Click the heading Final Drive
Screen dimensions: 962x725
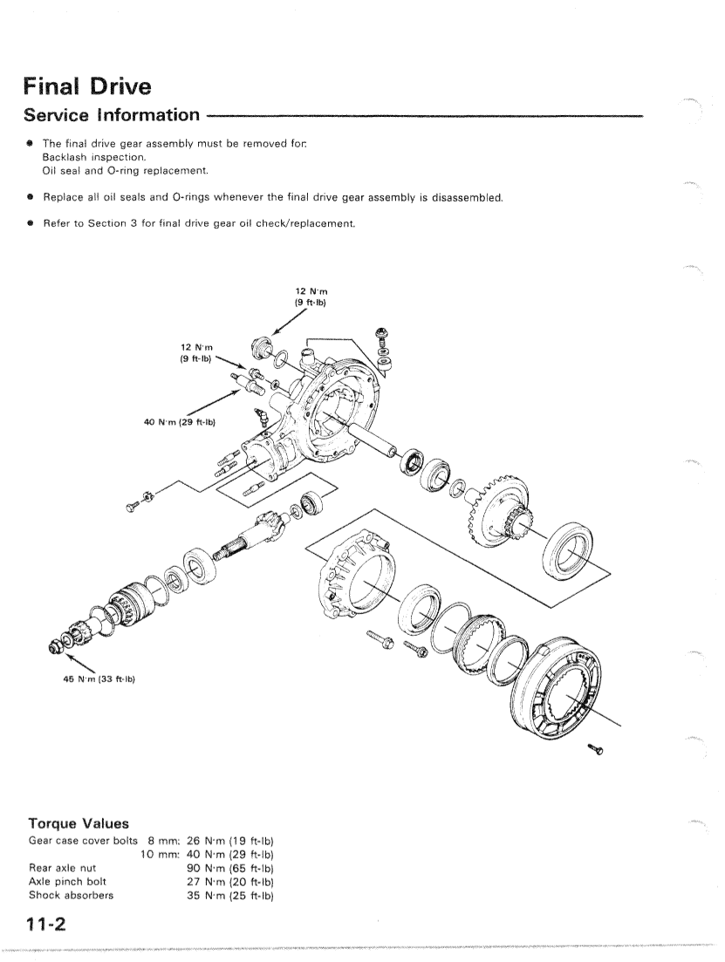86,86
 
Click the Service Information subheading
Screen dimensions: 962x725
112,115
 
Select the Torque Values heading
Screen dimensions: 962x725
79,822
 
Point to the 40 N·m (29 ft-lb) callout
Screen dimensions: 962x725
180,423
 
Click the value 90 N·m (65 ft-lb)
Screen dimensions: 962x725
230,868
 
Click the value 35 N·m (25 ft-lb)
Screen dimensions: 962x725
230,895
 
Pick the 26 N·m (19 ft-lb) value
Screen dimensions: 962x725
230,841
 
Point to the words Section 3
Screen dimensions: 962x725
114,224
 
